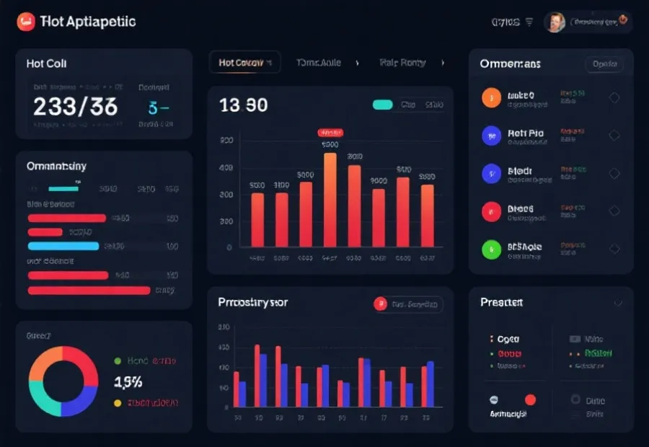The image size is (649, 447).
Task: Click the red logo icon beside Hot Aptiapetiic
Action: tap(26, 22)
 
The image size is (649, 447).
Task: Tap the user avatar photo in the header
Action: tap(555, 22)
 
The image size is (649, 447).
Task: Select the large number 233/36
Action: tap(75, 107)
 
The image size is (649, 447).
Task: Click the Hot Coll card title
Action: tap(46, 63)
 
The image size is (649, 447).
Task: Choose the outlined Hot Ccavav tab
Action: tap(244, 63)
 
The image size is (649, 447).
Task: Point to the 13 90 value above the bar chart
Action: tap(243, 106)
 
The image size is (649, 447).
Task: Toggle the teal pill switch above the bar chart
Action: tap(383, 105)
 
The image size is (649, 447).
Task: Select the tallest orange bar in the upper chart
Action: tap(330, 200)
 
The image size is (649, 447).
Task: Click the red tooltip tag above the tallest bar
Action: tap(330, 133)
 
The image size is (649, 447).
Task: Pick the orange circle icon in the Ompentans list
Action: tap(491, 98)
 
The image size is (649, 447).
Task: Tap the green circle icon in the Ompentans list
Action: tap(491, 249)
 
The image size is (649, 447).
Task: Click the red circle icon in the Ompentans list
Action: tap(491, 211)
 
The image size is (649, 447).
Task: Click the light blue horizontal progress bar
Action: tap(63, 246)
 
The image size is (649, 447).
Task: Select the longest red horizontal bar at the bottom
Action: tap(89, 291)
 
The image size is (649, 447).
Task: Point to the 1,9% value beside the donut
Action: tap(128, 381)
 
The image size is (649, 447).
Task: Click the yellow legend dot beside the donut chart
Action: tap(118, 403)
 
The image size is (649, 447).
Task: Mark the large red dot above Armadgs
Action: tap(531, 399)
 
